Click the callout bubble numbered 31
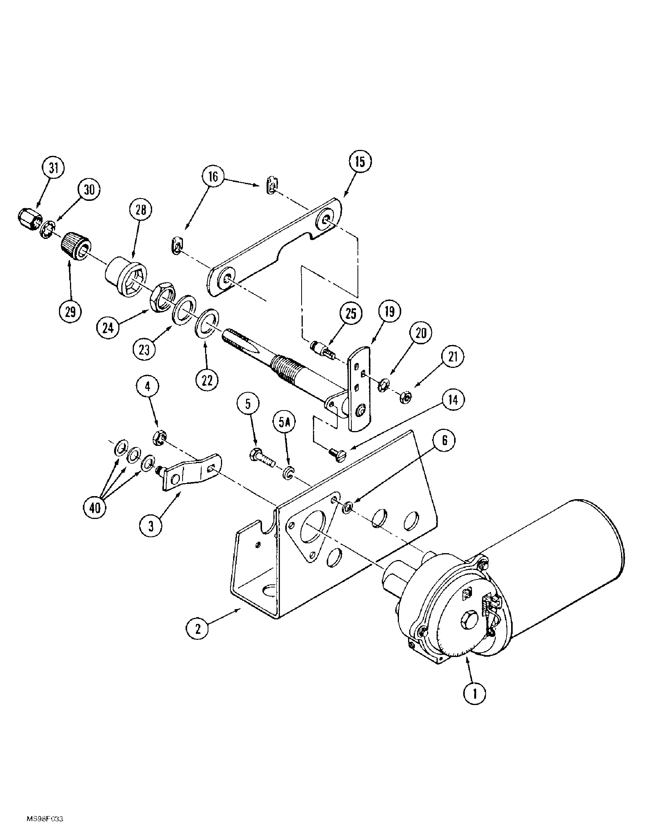(x=54, y=169)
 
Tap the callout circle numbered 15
(x=360, y=162)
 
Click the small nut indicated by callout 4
(x=159, y=438)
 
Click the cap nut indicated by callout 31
(x=29, y=218)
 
